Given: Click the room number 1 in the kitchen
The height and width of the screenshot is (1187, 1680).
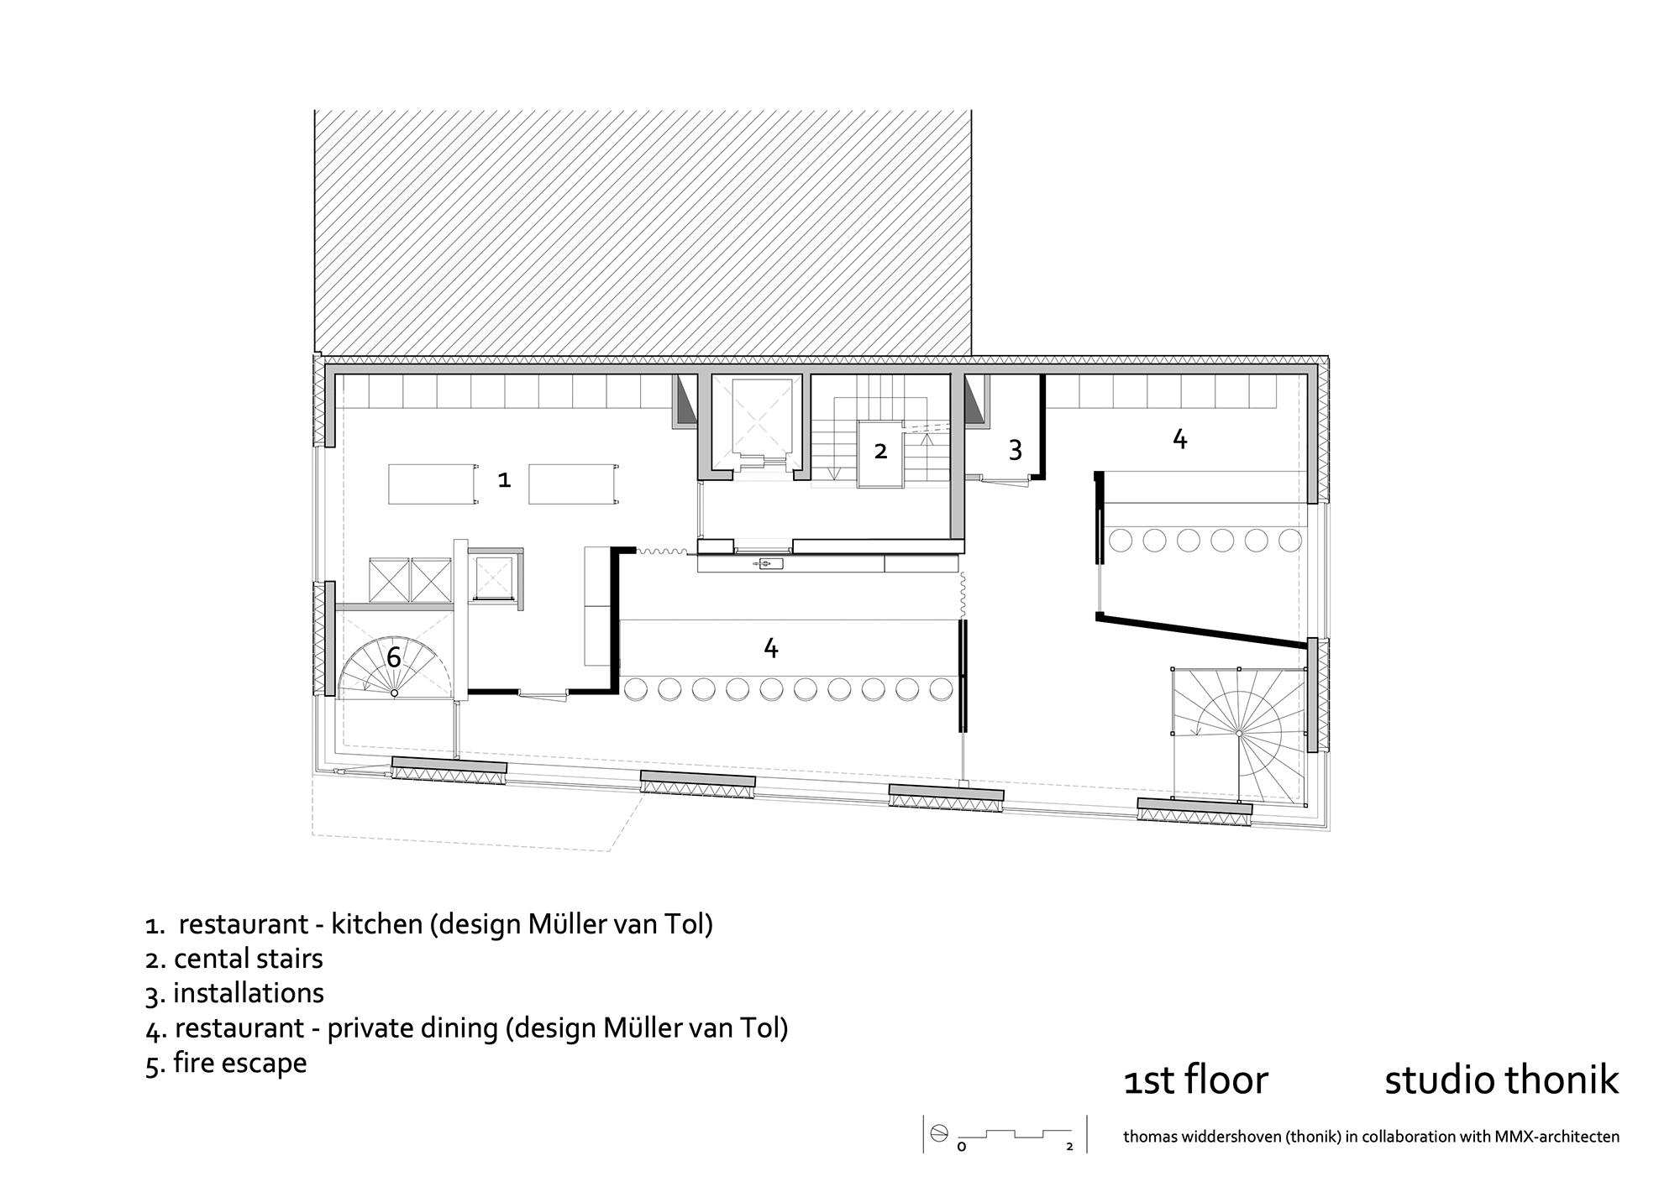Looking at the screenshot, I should pyautogui.click(x=504, y=479).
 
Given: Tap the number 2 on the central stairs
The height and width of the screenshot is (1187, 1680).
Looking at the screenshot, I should pyautogui.click(x=880, y=451).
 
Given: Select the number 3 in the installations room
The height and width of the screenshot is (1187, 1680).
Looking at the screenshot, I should pyautogui.click(x=1015, y=451).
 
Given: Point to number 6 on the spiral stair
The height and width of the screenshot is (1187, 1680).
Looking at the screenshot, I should pyautogui.click(x=393, y=656).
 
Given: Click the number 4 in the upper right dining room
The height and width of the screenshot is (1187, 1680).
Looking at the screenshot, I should pyautogui.click(x=1179, y=438).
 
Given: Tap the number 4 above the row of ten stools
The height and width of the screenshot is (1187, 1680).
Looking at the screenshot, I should pyautogui.click(x=770, y=647).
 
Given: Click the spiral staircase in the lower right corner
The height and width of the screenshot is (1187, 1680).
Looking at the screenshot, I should pyautogui.click(x=1238, y=733).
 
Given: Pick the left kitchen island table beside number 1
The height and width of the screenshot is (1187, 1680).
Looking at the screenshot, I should pyautogui.click(x=431, y=484).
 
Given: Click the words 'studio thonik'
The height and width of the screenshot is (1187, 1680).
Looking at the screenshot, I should pyautogui.click(x=1500, y=1080).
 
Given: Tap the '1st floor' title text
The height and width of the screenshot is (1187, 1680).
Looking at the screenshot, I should pyautogui.click(x=1195, y=1080).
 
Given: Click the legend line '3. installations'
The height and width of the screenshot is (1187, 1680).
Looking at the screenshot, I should pyautogui.click(x=234, y=993).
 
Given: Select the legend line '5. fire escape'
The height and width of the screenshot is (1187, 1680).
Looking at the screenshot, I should pyautogui.click(x=226, y=1064).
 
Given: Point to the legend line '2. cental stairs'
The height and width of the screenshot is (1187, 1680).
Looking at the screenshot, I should pyautogui.click(x=234, y=959).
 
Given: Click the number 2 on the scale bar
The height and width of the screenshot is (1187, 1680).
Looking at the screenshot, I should pyautogui.click(x=1069, y=1147).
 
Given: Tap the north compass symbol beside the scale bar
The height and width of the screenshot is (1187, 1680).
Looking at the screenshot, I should pyautogui.click(x=939, y=1134).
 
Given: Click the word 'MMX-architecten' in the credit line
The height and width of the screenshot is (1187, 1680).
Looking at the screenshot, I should pyautogui.click(x=1557, y=1137).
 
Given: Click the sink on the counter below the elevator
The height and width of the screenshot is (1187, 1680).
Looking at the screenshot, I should pyautogui.click(x=769, y=563).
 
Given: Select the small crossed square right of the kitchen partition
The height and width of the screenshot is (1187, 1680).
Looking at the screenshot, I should pyautogui.click(x=494, y=578).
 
